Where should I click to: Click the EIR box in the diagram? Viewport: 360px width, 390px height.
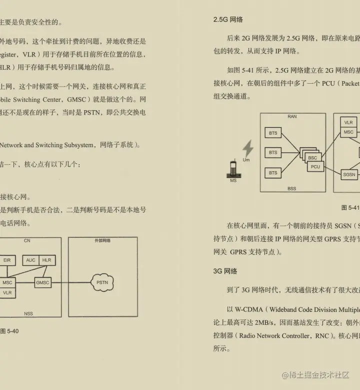click(6, 260)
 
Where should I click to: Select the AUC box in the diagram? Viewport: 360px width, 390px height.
click(31, 260)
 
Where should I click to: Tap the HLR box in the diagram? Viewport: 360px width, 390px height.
click(47, 260)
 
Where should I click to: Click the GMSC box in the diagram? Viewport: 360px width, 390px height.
click(43, 283)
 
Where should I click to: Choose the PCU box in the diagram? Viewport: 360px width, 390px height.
click(315, 167)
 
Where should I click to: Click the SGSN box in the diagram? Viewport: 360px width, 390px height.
click(349, 174)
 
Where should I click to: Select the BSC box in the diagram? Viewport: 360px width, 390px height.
click(312, 158)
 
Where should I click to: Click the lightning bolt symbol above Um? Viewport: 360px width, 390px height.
click(247, 149)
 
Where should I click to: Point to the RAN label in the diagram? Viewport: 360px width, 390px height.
click(292, 117)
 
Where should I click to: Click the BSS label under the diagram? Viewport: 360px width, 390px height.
click(292, 189)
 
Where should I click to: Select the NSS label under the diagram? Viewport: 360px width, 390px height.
click(28, 313)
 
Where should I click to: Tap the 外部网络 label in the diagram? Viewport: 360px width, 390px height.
click(102, 241)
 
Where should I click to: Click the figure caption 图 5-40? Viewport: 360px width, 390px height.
click(9, 330)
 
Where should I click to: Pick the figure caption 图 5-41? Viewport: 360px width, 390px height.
click(349, 207)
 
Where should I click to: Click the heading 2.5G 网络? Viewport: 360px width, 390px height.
click(228, 20)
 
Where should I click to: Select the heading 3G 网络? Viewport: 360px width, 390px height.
click(225, 271)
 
